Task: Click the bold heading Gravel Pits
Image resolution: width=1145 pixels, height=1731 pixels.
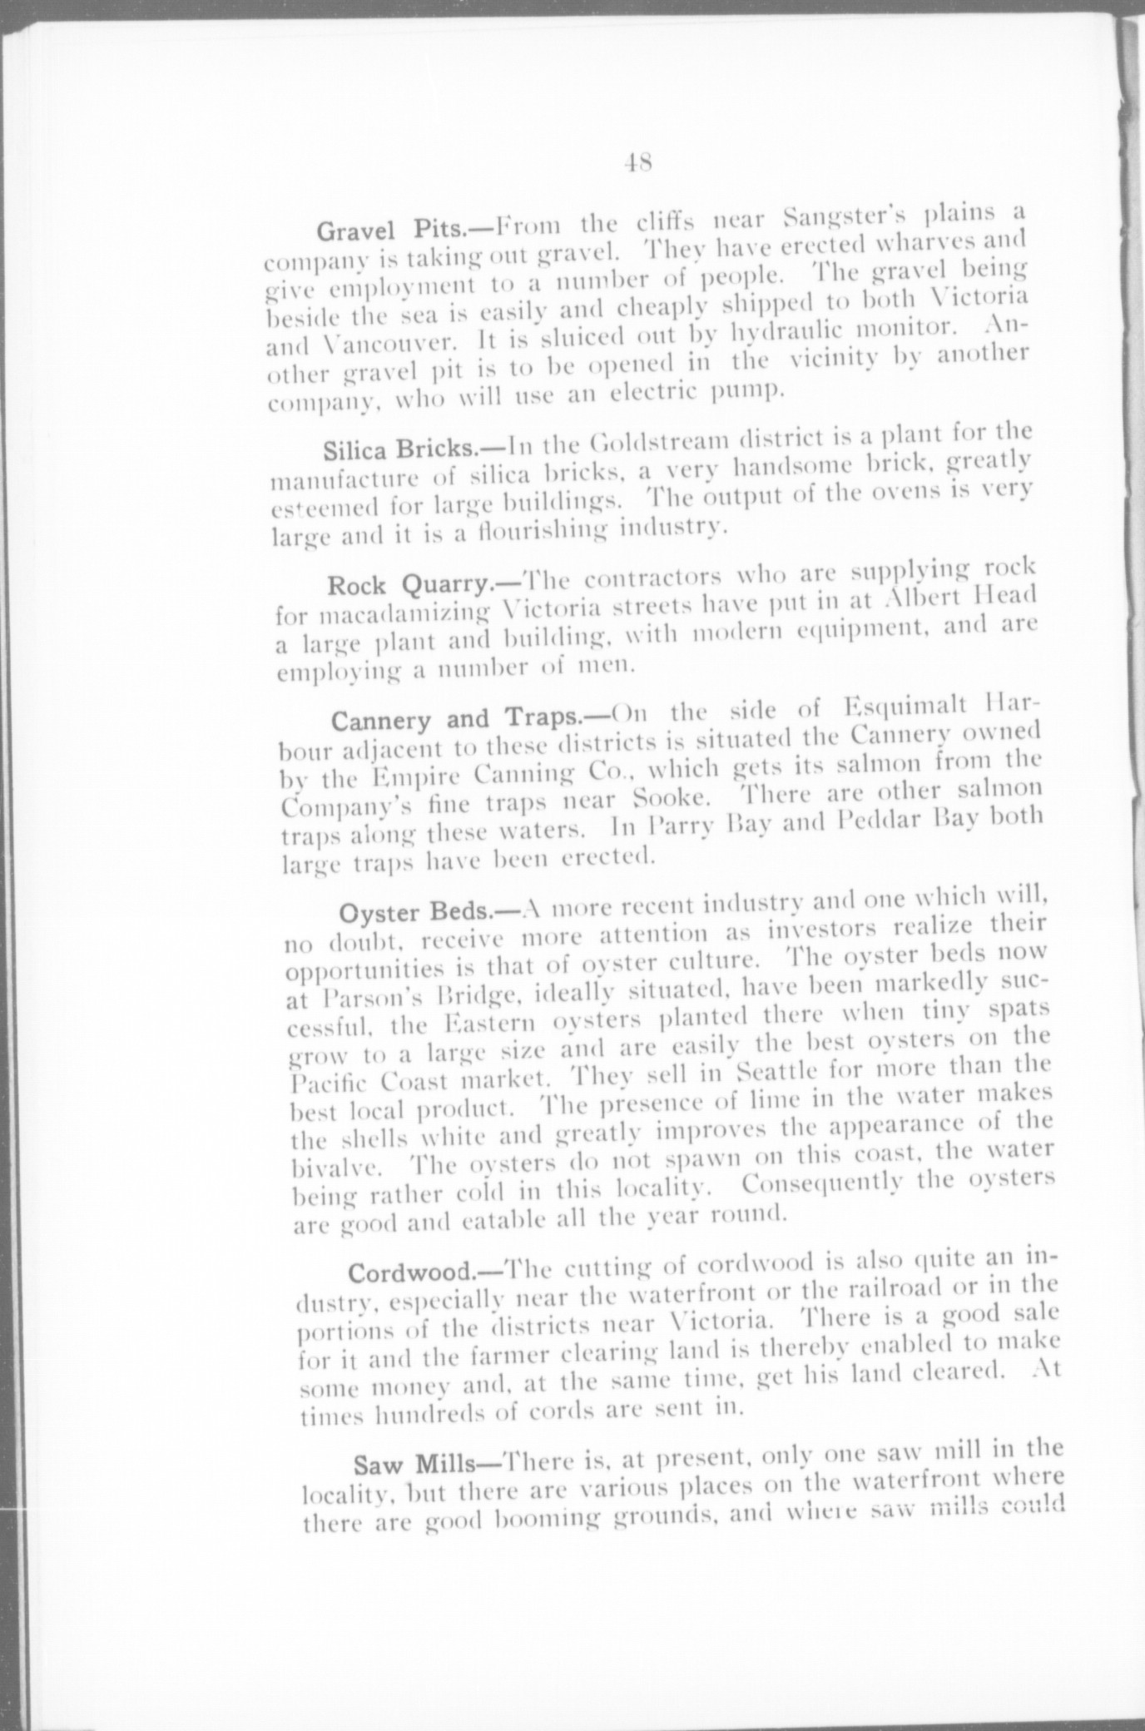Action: click(x=405, y=228)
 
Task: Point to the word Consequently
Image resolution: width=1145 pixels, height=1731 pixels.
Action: click(x=835, y=1183)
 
